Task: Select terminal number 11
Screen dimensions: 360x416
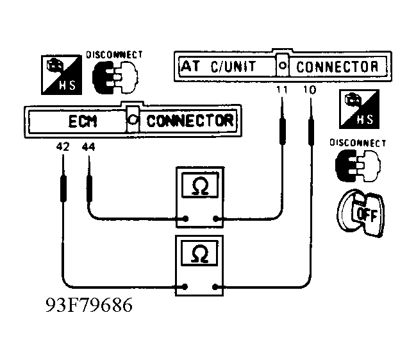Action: (281, 90)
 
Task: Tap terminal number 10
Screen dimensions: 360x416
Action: (310, 90)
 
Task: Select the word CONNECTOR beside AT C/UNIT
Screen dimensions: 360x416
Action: (337, 66)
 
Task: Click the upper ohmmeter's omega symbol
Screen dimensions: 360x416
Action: (199, 187)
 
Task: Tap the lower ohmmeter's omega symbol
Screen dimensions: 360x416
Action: (199, 255)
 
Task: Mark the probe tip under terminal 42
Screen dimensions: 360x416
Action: (63, 186)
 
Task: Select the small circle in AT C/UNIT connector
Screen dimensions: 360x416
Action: (282, 66)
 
